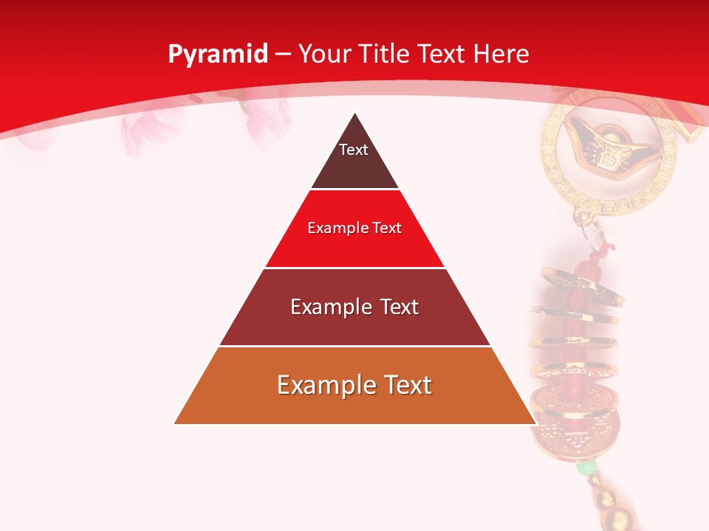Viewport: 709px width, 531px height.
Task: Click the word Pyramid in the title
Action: tap(217, 55)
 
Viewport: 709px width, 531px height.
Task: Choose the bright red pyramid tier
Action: tap(354, 247)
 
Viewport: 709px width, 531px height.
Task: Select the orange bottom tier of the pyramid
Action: tap(354, 406)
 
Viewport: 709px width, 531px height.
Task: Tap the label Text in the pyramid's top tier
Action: tap(354, 150)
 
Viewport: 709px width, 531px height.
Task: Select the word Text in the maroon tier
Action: tap(399, 307)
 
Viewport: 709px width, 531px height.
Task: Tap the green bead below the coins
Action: tap(586, 468)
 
